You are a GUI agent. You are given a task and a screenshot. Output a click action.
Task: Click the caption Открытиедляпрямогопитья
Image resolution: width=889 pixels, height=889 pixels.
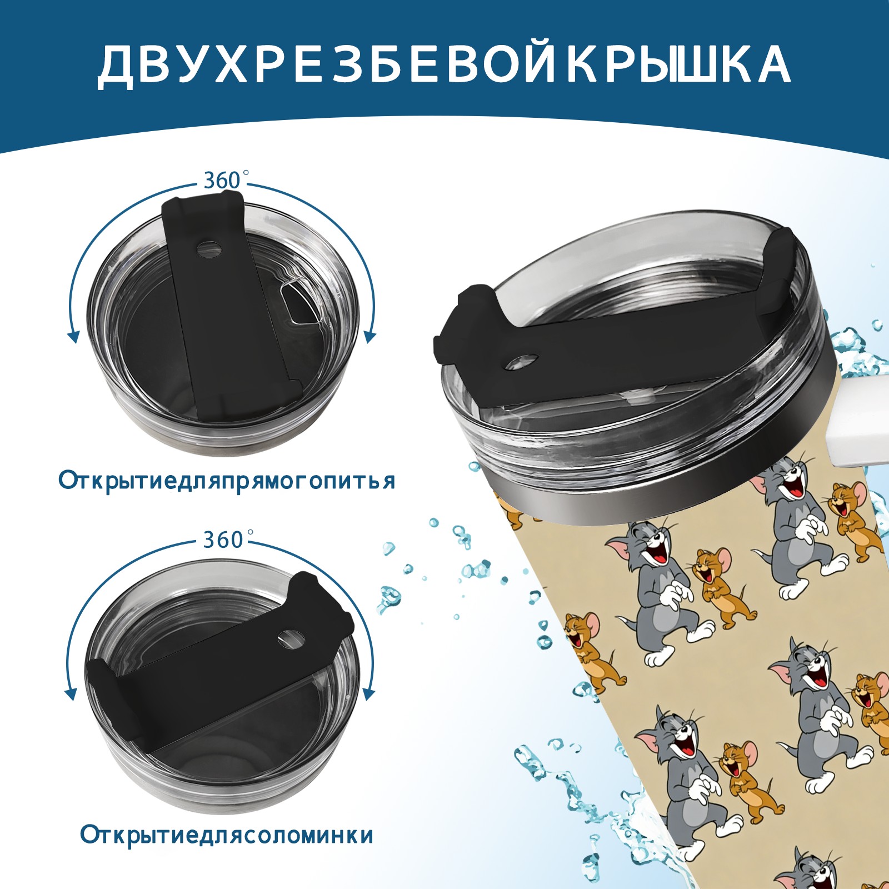pos(227,481)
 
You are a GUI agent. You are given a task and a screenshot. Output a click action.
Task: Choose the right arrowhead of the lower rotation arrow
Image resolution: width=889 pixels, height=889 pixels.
pos(368,695)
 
